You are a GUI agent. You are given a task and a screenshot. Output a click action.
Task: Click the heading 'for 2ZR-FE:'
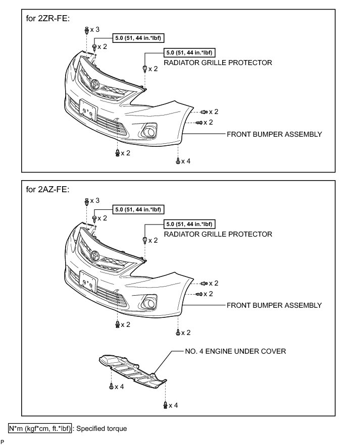[x=47, y=18]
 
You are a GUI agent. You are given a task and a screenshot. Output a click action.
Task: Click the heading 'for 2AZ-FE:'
[x=47, y=190]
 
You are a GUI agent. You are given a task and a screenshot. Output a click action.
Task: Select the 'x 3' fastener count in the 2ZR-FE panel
[x=95, y=30]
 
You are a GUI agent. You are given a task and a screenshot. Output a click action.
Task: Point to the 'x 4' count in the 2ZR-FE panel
[x=186, y=161]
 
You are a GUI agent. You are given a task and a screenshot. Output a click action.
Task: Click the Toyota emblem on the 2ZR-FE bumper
[x=94, y=83]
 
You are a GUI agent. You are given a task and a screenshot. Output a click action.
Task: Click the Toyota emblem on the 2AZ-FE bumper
[x=94, y=255]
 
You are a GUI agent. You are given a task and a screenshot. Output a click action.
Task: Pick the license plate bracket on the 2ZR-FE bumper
[x=87, y=110]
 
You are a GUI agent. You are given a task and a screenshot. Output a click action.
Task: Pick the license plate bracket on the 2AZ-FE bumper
[x=87, y=282]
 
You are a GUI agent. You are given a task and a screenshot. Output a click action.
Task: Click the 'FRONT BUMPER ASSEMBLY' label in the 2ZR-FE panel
[x=274, y=134]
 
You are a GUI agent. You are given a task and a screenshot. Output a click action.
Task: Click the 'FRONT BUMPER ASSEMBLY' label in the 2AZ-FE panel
[x=274, y=305]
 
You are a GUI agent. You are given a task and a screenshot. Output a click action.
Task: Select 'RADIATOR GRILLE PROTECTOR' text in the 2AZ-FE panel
[x=218, y=234]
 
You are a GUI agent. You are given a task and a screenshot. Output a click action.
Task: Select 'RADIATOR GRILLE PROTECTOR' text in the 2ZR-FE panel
[x=218, y=63]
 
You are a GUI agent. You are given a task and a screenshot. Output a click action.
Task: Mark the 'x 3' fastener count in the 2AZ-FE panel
[x=95, y=201]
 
